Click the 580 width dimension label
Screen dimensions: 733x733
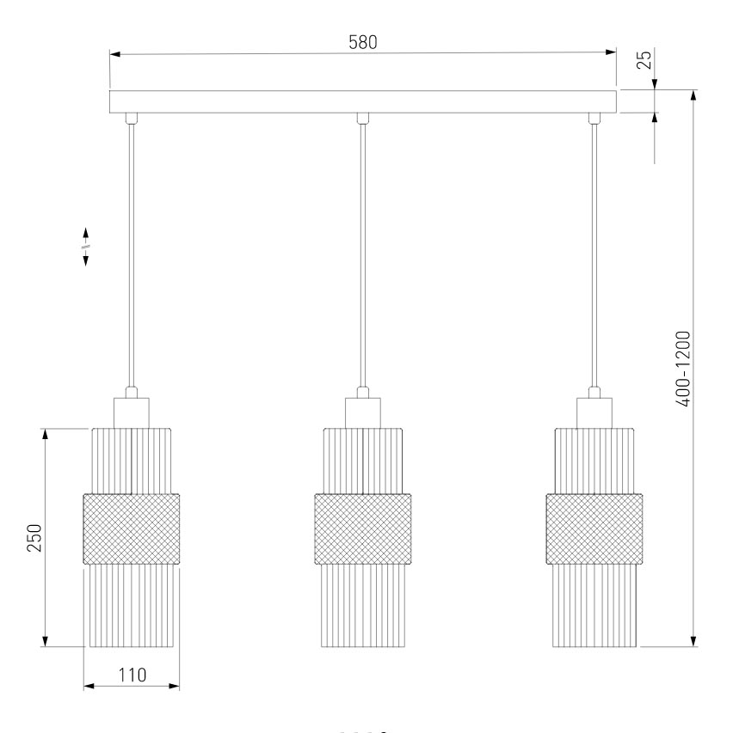[x=363, y=42]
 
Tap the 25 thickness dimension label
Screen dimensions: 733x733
[x=644, y=59]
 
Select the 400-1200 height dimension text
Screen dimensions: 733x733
[x=683, y=369]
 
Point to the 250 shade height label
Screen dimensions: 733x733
[x=34, y=538]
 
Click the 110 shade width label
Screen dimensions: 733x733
[x=132, y=675]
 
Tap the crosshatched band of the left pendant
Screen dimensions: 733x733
[x=132, y=529]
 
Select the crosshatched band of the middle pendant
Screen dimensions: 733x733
[x=363, y=529]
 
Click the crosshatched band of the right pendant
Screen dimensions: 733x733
[x=594, y=529]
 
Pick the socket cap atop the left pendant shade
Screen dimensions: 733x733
[x=132, y=412]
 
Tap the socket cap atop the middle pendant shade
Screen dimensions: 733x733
[x=363, y=412]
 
